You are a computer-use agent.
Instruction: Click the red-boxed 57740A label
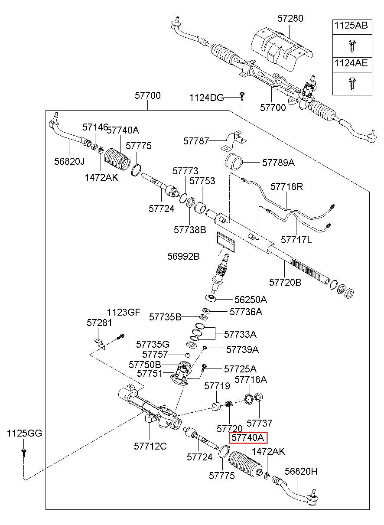[248, 438]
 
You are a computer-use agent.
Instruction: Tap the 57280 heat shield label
[290, 18]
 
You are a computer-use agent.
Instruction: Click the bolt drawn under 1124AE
[351, 84]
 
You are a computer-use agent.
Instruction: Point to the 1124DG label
[206, 98]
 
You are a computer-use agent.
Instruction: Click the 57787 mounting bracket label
[196, 141]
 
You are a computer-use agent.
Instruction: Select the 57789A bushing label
[278, 163]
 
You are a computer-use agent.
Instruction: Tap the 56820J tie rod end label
[69, 161]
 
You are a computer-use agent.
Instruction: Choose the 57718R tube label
[286, 186]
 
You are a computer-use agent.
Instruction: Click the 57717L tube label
[296, 240]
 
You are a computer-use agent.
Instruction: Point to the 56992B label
[183, 256]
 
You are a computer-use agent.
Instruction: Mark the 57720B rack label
[285, 282]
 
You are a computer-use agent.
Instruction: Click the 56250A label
[251, 300]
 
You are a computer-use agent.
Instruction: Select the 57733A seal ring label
[240, 334]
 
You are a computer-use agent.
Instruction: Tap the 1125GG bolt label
[24, 433]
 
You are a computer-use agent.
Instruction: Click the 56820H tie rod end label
[301, 471]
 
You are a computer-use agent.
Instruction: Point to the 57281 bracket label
[99, 323]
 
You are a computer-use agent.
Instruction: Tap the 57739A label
[242, 349]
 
